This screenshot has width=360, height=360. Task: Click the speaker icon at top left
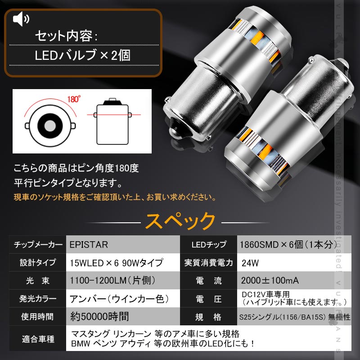(x=21, y=19)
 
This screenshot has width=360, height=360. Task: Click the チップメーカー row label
(x=38, y=245)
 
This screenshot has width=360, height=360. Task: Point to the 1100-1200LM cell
(x=112, y=280)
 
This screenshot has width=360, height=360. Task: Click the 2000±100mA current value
(x=270, y=280)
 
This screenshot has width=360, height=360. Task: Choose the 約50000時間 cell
(x=99, y=316)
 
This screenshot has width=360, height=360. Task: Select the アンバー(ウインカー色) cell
(x=119, y=298)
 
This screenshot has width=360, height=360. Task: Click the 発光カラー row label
(x=38, y=298)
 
